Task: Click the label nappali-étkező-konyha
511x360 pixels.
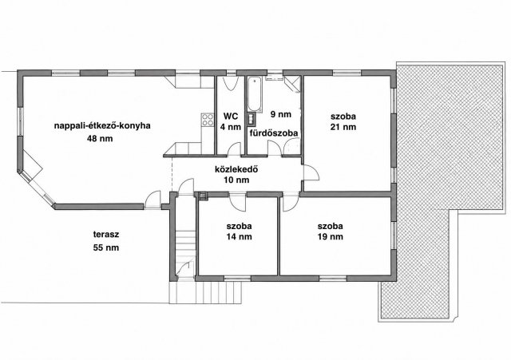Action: tap(102, 126)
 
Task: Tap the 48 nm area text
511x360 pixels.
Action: tap(100, 138)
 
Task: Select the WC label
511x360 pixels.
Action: tap(231, 116)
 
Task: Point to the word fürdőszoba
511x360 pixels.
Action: tap(274, 133)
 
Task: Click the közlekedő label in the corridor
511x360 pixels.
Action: tap(236, 169)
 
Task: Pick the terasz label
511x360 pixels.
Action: tap(106, 234)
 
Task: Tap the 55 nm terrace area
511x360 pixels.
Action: tap(106, 247)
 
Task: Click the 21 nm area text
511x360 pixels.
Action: tap(343, 127)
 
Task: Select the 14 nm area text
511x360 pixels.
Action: tap(240, 237)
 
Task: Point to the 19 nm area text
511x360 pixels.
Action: tap(330, 237)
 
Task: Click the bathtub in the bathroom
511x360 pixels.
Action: tap(254, 94)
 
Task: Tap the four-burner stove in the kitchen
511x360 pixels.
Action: tap(208, 119)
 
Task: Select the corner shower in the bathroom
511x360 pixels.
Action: tap(292, 84)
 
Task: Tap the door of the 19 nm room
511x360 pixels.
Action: tap(290, 203)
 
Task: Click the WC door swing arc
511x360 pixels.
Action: tap(235, 148)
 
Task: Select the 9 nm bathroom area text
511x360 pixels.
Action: tap(280, 114)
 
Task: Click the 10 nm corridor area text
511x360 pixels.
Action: tap(236, 180)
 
